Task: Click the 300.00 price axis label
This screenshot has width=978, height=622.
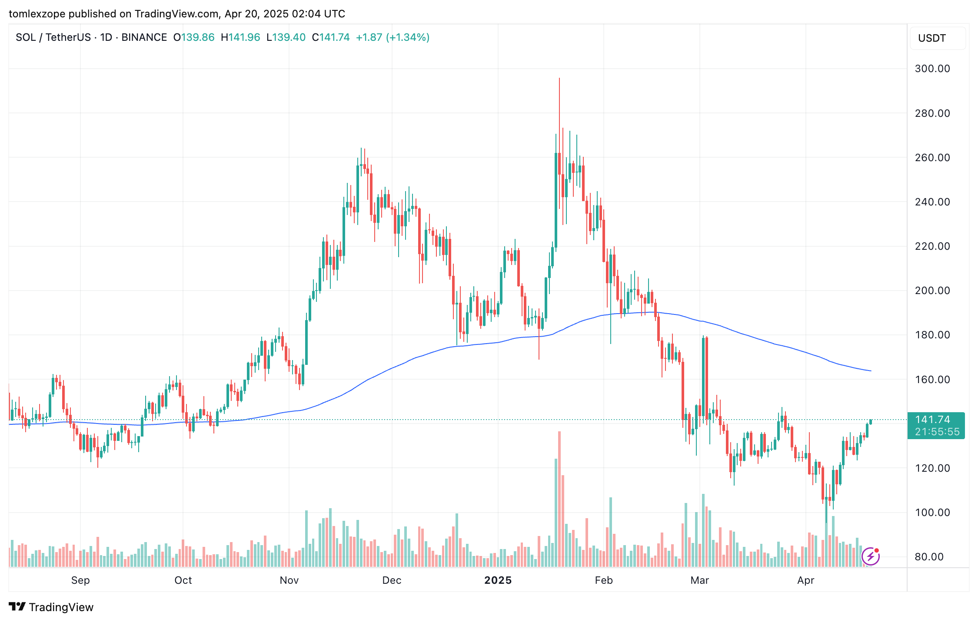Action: [x=932, y=69]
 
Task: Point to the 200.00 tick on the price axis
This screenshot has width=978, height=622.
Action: [x=932, y=291]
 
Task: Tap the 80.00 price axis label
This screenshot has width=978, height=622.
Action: [x=929, y=557]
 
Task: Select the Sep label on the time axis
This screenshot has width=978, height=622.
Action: [x=80, y=580]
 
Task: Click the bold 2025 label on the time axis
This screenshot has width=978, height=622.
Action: [x=498, y=580]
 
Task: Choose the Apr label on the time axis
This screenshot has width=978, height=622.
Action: [x=805, y=580]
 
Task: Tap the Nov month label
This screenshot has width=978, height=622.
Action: [x=289, y=580]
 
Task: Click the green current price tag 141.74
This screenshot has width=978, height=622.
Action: [x=932, y=420]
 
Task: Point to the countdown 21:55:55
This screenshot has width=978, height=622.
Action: [x=937, y=432]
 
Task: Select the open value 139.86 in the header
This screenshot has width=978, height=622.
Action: [x=198, y=37]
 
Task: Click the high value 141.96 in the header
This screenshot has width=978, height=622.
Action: [x=244, y=37]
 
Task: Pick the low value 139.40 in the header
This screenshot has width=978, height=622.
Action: [x=289, y=37]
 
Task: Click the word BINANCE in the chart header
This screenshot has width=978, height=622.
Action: [x=144, y=37]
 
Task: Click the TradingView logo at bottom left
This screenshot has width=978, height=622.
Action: [x=51, y=607]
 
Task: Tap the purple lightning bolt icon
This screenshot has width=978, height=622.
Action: [x=870, y=556]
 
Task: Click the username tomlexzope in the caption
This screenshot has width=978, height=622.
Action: [x=37, y=14]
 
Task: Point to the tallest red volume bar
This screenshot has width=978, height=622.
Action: [x=559, y=500]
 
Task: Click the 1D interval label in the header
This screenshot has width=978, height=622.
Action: [x=106, y=37]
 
